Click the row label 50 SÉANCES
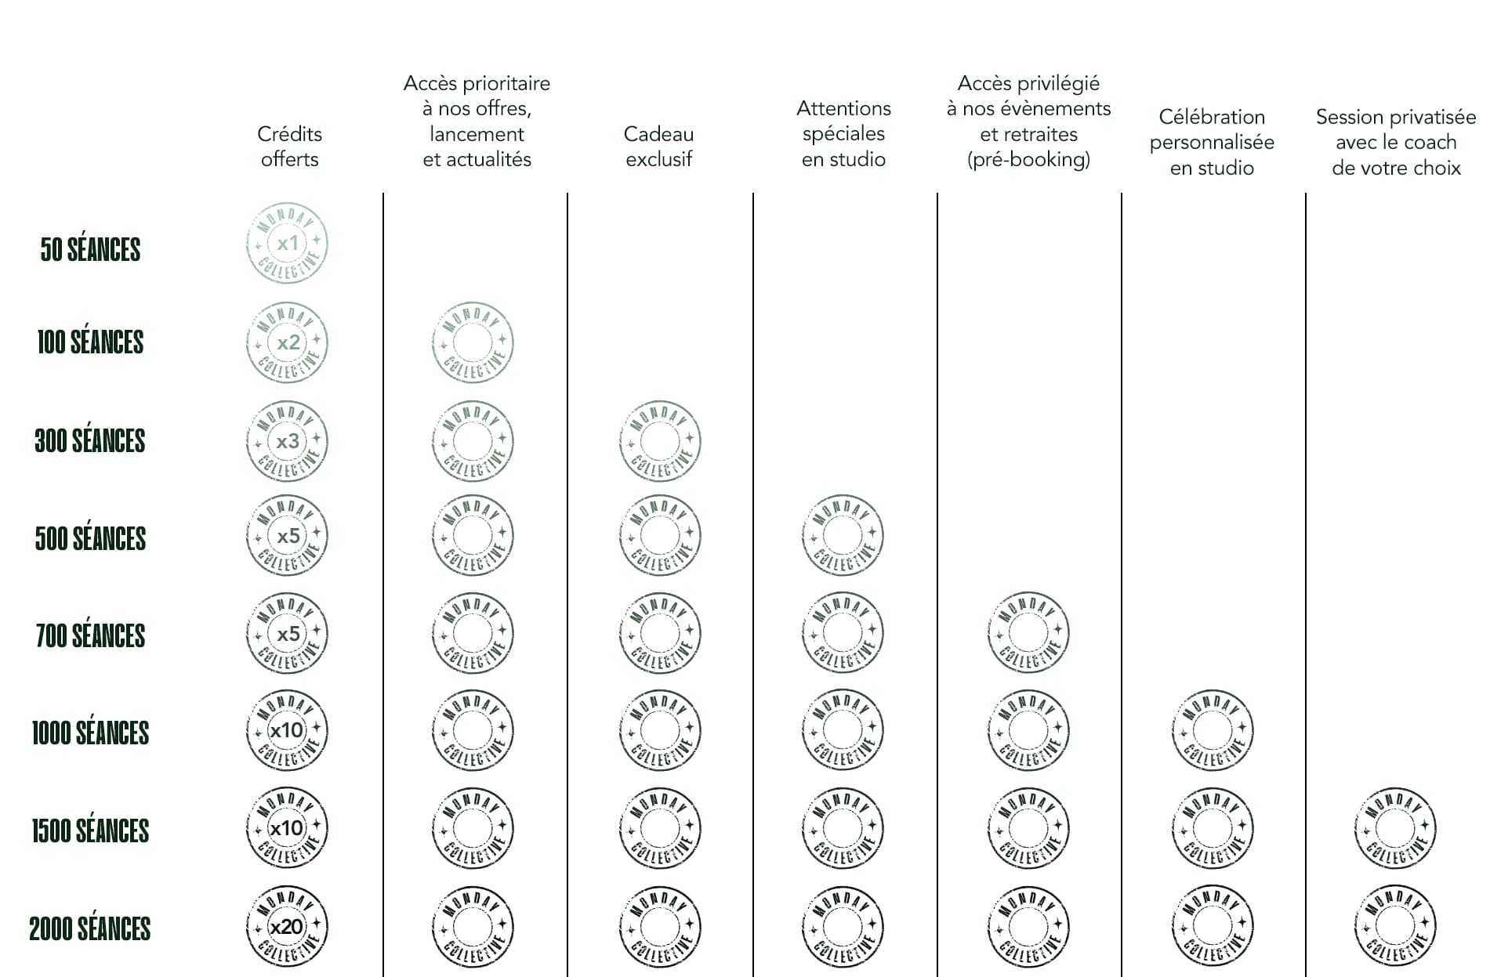coord(90,250)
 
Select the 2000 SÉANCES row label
coord(90,928)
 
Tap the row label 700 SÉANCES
coord(90,635)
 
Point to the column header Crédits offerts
coord(289,147)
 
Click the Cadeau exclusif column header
coord(658,147)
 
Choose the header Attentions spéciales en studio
coord(843,133)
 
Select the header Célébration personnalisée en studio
coord(1212,142)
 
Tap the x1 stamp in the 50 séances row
coord(287,244)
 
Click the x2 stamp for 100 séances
coord(287,342)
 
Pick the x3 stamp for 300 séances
coord(287,441)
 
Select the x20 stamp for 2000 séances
coord(287,927)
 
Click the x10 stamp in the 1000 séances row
coord(287,730)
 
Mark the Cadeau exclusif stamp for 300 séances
coord(660,441)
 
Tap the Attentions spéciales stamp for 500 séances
coord(843,536)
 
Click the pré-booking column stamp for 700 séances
coord(1028,632)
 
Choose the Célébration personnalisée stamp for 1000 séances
coord(1213,730)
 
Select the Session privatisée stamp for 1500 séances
coord(1395,828)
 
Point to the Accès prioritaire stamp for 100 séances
coord(473,342)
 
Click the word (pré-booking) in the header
coord(1028,160)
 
